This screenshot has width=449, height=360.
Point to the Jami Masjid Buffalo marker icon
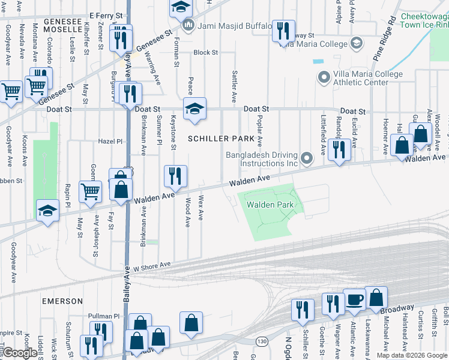click(x=188, y=25)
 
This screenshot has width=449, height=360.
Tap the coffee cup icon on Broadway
click(x=354, y=299)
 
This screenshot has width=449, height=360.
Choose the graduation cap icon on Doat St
click(x=194, y=109)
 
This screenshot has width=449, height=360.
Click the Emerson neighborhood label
click(x=62, y=301)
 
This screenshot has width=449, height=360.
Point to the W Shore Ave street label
click(x=152, y=264)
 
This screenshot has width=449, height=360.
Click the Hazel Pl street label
click(x=110, y=141)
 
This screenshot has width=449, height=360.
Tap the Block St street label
click(x=205, y=53)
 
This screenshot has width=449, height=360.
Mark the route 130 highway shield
click(x=262, y=341)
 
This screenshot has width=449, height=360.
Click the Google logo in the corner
click(x=20, y=353)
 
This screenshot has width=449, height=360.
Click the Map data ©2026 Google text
click(x=412, y=355)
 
